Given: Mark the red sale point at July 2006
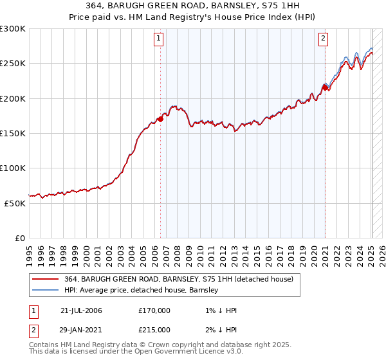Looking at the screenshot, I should [160, 120].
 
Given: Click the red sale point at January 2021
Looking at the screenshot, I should [325, 88].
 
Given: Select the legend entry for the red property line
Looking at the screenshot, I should [179, 279].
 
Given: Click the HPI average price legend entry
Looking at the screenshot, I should [142, 290].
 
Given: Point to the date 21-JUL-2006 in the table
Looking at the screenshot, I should [81, 310].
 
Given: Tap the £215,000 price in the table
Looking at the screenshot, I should [154, 329].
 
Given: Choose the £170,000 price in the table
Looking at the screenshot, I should [154, 310].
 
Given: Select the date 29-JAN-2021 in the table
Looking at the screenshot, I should [81, 329].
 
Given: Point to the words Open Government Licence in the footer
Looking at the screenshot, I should [192, 352].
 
